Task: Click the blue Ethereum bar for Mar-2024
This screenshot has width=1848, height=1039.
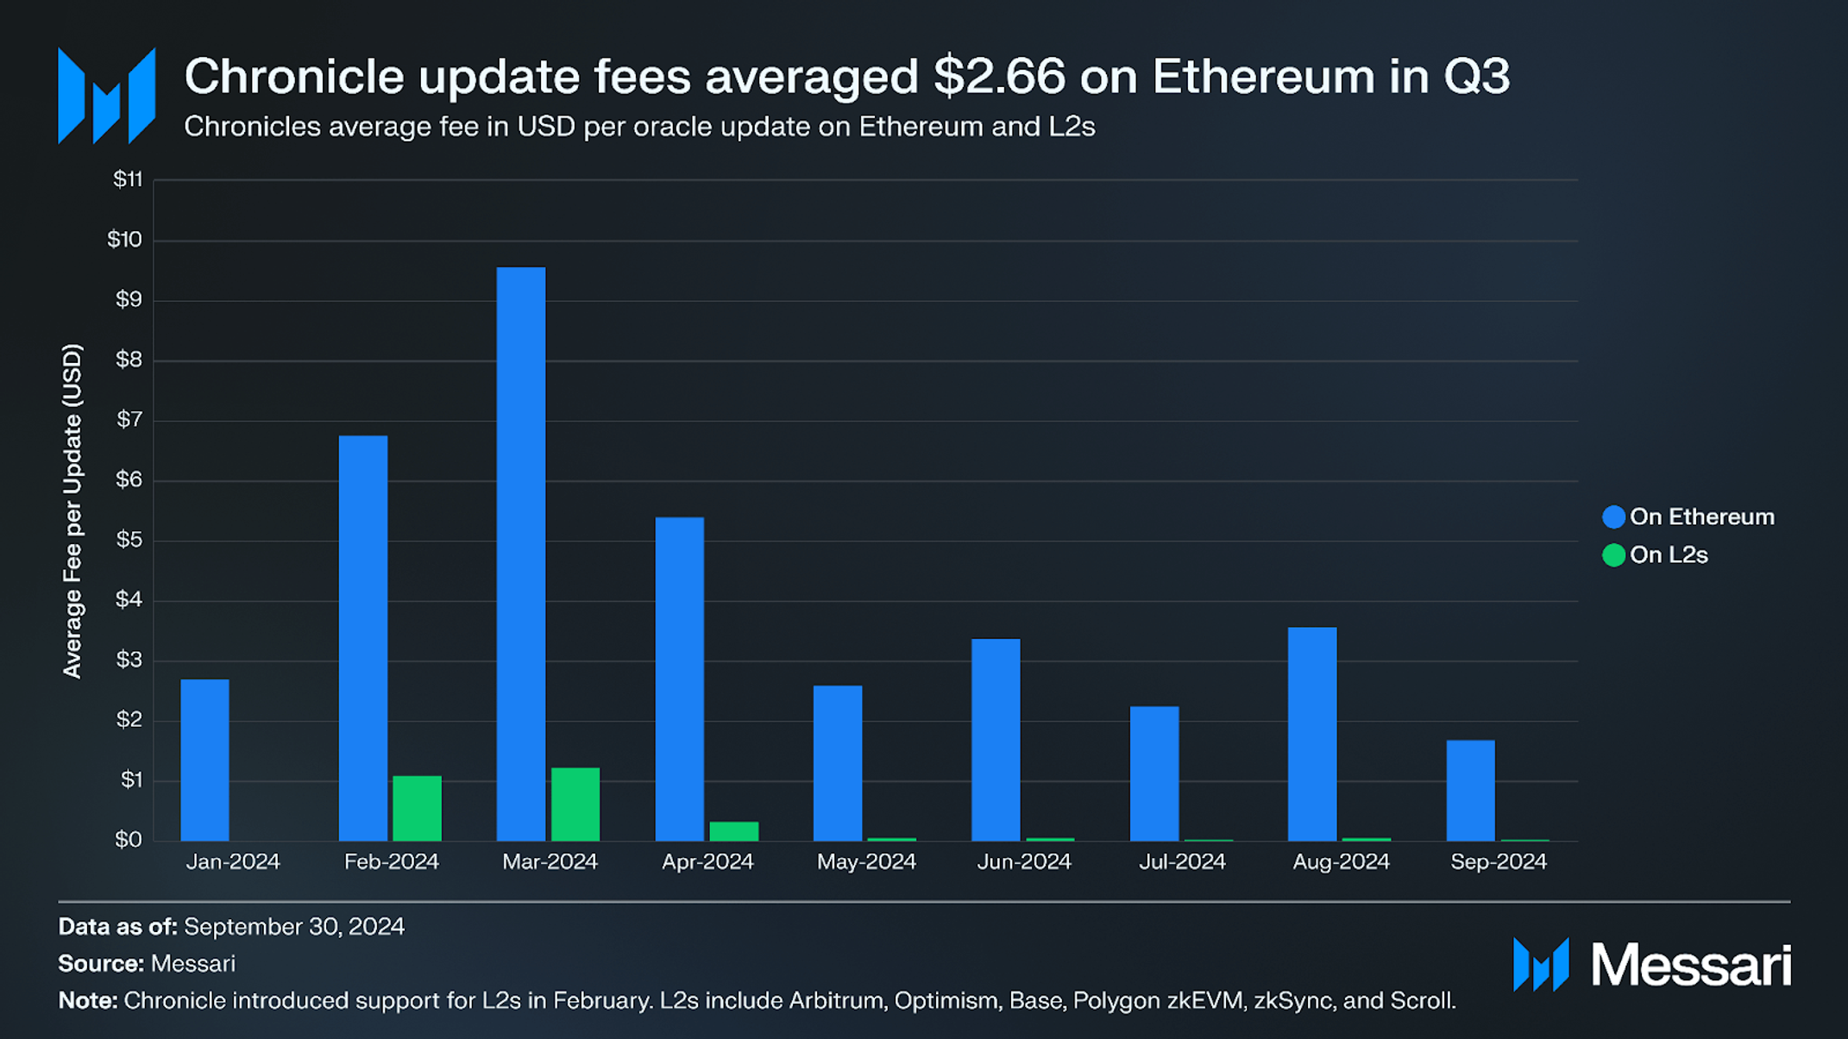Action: (521, 554)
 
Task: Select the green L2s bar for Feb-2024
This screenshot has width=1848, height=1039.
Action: (417, 808)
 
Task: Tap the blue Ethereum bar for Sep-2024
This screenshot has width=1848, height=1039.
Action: (1470, 790)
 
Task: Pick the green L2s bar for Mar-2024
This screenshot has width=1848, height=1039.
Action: (575, 804)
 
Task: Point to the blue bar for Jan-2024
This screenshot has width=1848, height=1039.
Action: (204, 760)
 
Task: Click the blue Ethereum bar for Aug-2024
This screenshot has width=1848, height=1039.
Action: (1312, 734)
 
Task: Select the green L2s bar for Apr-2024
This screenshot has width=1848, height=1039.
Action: (734, 831)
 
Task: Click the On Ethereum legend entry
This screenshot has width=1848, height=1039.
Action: (1688, 516)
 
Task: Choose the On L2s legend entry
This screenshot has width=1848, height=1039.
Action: (1655, 554)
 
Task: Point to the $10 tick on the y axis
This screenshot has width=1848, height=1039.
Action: (124, 240)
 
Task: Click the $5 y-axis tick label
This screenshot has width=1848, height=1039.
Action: (129, 541)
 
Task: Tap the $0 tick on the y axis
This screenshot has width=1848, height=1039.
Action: (129, 840)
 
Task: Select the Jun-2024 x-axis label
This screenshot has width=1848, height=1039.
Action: (1024, 861)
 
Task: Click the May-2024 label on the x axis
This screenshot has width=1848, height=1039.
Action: (866, 861)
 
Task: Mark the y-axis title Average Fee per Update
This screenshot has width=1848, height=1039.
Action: (72, 511)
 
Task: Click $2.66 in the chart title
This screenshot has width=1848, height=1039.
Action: (1000, 76)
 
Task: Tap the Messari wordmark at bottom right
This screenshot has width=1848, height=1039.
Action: (1691, 965)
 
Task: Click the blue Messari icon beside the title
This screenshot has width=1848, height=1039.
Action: (106, 96)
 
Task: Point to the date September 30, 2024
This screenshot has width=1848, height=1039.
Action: (294, 926)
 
